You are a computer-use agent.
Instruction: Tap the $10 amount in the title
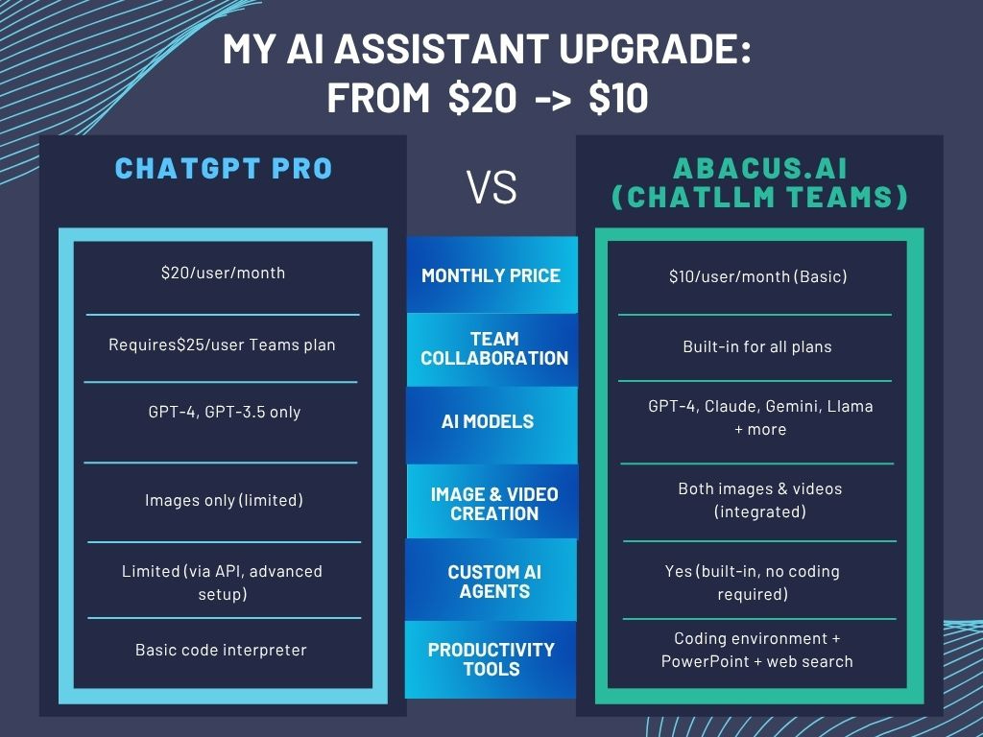tap(616, 98)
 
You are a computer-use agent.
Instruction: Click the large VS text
tap(491, 188)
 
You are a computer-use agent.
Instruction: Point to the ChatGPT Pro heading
tap(223, 169)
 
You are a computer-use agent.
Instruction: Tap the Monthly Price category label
tap(491, 275)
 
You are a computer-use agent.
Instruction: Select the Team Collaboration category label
tap(494, 348)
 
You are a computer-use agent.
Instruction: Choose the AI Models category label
tap(488, 421)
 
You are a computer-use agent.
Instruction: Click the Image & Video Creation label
tap(494, 504)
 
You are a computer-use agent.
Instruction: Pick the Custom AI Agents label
tap(494, 582)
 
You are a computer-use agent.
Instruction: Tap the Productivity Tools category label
tap(491, 658)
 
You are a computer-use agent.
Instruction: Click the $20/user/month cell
tap(223, 273)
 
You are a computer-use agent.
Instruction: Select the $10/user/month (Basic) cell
tap(757, 276)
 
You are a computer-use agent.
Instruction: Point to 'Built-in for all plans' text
tap(757, 345)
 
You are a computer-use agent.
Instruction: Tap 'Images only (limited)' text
tap(223, 500)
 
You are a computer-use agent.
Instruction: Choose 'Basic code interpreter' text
tap(221, 650)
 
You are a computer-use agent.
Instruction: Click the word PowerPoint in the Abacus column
tap(708, 661)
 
